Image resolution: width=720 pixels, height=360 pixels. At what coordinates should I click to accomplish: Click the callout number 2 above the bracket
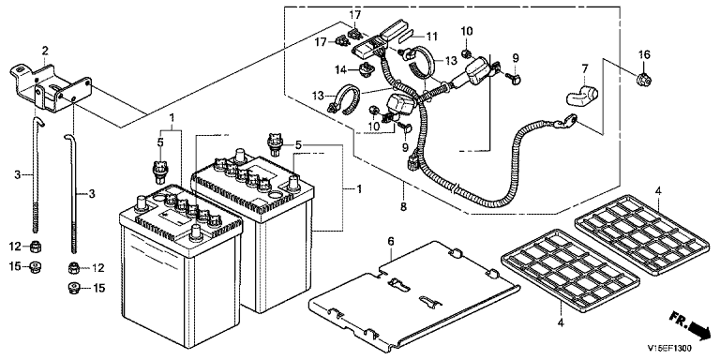click(45, 50)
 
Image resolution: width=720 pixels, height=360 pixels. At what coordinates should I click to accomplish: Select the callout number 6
click(391, 241)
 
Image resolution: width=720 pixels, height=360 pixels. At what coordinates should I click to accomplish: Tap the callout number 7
click(585, 69)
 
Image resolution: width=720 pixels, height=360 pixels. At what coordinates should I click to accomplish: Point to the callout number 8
click(403, 206)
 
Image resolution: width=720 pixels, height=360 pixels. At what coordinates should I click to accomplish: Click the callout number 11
click(431, 36)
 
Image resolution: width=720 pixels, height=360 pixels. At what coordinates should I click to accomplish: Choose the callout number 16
click(644, 55)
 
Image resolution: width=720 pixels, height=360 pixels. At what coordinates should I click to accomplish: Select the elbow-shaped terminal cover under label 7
click(581, 94)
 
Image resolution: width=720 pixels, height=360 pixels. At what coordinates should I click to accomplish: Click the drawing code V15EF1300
click(668, 348)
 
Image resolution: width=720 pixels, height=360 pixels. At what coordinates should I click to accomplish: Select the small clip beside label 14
click(366, 69)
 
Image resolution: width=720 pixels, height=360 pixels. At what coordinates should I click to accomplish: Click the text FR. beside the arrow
click(678, 320)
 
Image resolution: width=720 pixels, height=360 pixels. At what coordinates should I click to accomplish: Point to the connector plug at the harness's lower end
click(412, 160)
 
